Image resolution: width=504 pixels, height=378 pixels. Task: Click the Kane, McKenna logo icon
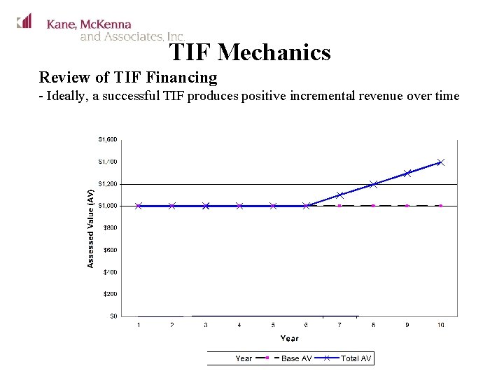(x=24, y=21)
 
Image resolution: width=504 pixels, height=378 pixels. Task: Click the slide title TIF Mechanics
(x=249, y=52)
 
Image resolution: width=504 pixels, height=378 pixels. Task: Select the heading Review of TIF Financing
(x=128, y=77)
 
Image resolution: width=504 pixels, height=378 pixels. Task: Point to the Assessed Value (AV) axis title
(x=91, y=227)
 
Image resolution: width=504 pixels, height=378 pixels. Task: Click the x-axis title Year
(x=289, y=338)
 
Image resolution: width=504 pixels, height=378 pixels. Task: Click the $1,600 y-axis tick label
(x=107, y=139)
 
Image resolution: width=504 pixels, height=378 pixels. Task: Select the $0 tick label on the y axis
(x=112, y=316)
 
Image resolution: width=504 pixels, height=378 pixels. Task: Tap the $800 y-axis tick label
(x=109, y=227)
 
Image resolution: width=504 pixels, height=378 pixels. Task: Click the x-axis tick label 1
(x=139, y=325)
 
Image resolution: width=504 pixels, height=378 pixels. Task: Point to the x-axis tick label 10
(x=440, y=325)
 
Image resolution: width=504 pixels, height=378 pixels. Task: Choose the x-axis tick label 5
(x=273, y=325)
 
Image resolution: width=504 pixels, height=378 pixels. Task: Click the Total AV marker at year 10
(x=440, y=162)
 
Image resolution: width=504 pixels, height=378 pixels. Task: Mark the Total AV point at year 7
(x=339, y=195)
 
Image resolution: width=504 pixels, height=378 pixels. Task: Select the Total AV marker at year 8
(x=373, y=184)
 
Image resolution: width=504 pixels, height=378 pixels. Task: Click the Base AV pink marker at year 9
(x=407, y=206)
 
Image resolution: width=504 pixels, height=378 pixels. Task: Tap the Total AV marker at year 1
(x=139, y=206)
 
